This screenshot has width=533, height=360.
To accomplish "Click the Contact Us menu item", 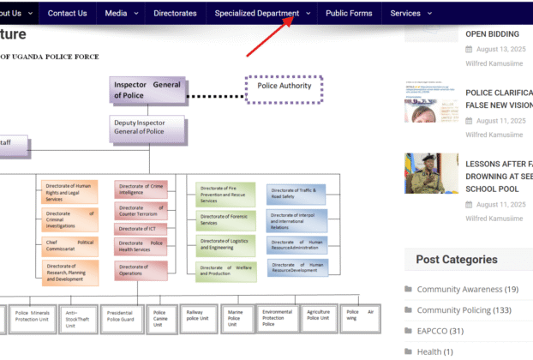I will coord(67,14).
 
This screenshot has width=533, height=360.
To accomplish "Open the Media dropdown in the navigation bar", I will coord(120,14).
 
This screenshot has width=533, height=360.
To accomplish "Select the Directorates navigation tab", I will coord(175,14).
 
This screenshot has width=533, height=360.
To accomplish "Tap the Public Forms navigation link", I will coord(349,14).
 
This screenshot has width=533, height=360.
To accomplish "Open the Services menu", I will coord(410,14).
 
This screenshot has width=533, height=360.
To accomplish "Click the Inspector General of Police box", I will coord(147,90).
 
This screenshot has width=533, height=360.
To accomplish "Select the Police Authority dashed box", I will coord(284,87).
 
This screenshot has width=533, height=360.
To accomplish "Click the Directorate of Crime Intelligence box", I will coord(141,190).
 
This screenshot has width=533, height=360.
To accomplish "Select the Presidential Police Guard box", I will coord(121,318).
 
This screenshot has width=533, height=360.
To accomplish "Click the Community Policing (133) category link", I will coord(465,310).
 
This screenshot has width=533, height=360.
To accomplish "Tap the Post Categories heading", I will coord(457,260).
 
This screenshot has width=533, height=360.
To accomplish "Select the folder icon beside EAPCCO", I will coord(409,331).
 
